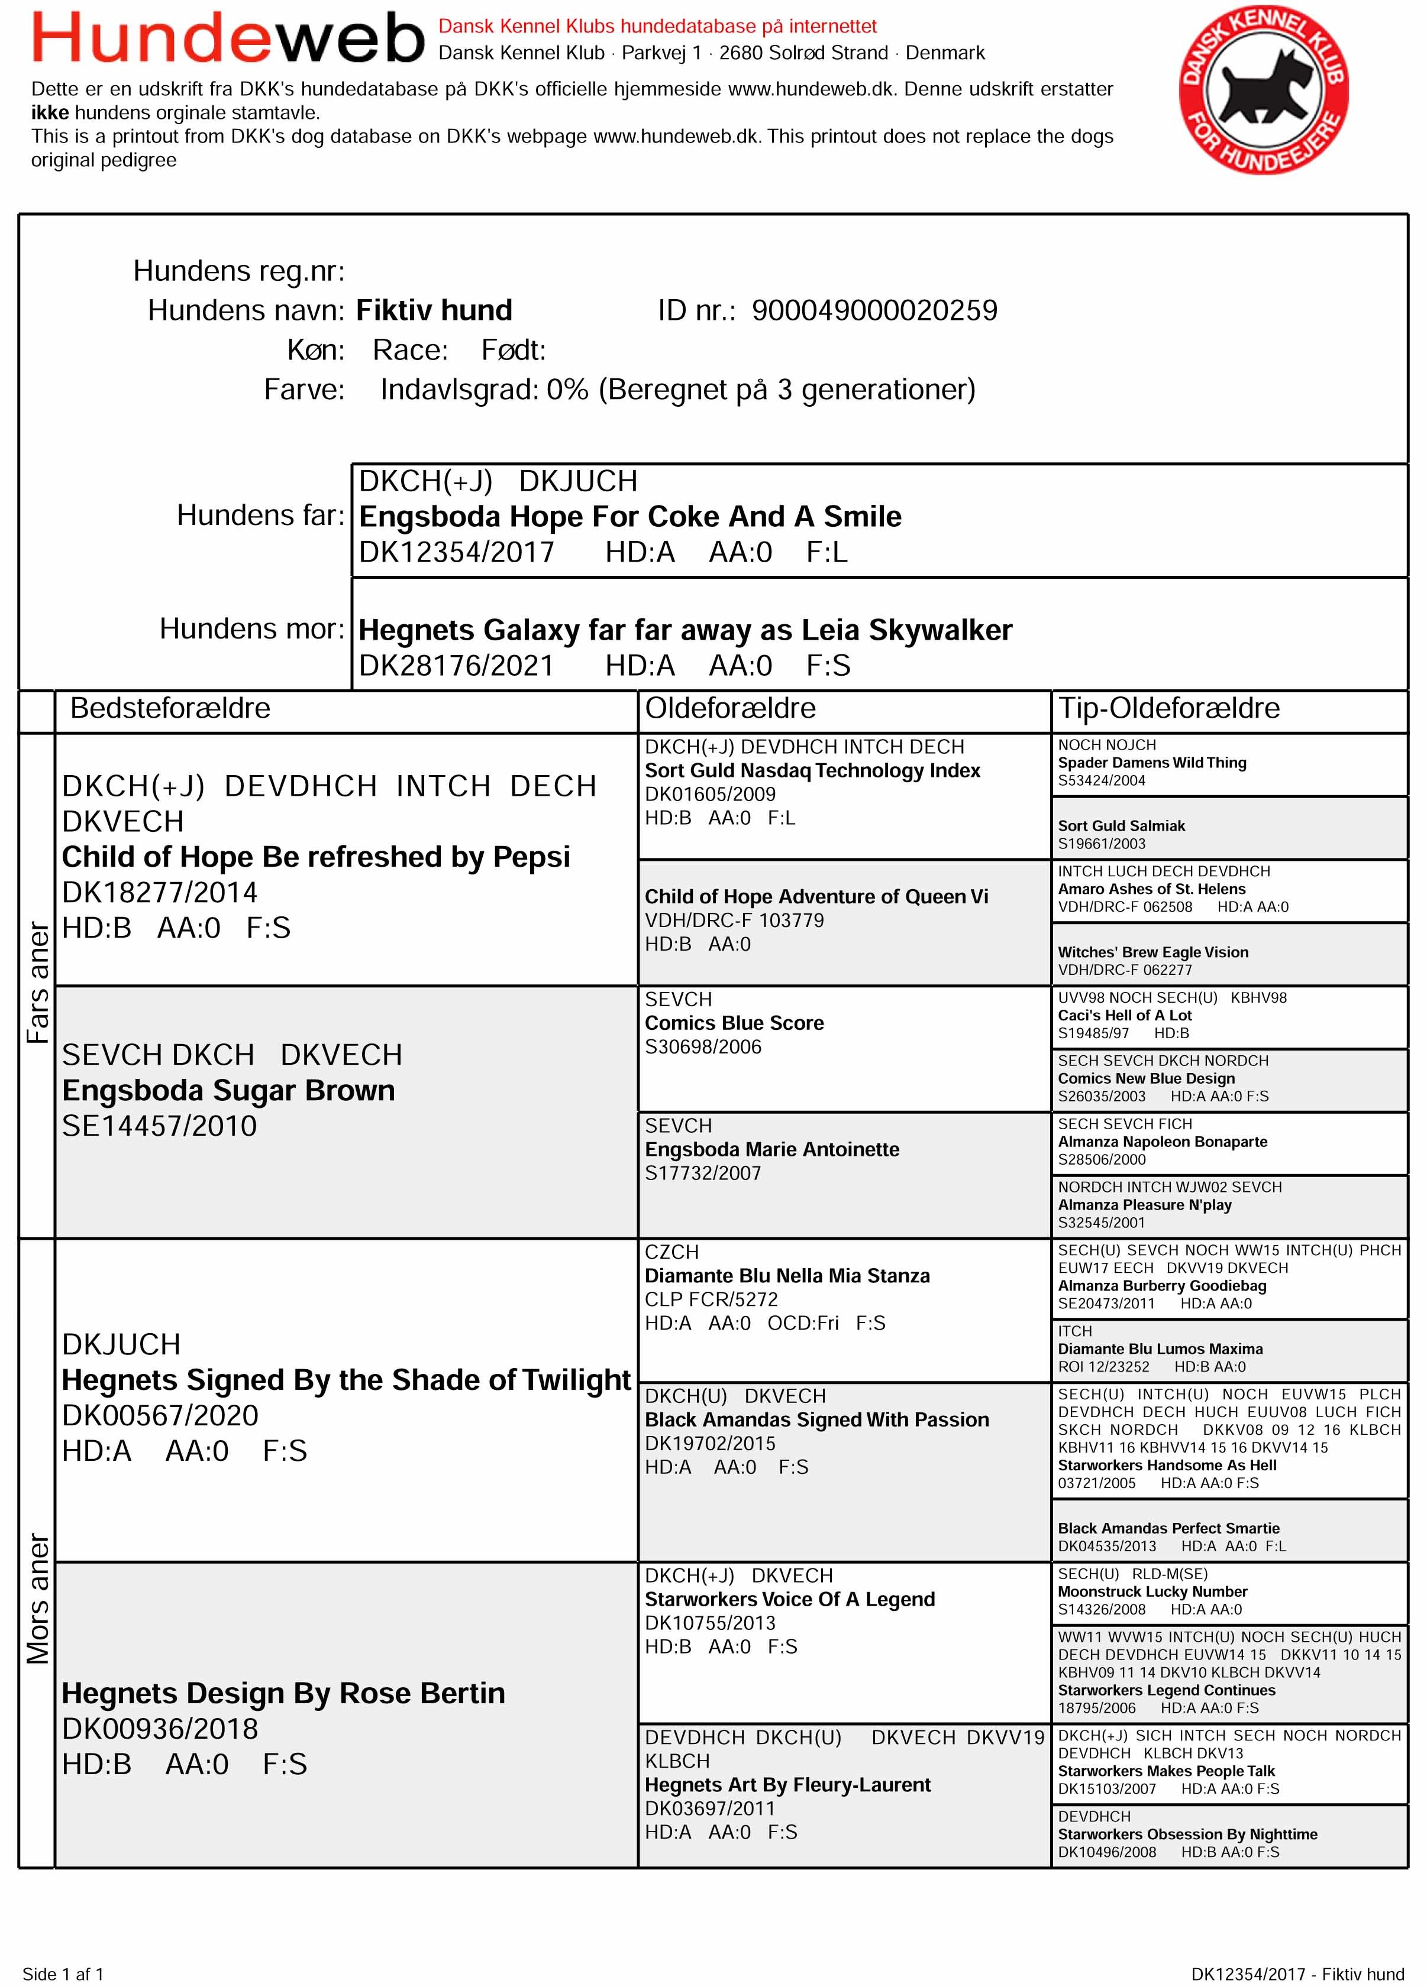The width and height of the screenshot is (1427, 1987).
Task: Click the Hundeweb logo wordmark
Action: click(x=228, y=38)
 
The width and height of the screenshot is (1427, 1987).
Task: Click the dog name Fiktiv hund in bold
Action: click(x=434, y=311)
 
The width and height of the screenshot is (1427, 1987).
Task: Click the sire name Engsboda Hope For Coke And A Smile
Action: click(x=629, y=517)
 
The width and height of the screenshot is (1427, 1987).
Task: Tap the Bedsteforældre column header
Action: click(x=170, y=708)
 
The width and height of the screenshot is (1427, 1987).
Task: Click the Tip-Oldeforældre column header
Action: click(x=1168, y=708)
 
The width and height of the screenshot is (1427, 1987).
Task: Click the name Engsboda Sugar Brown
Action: click(x=228, y=1091)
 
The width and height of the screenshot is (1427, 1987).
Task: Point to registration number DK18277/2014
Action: click(x=160, y=893)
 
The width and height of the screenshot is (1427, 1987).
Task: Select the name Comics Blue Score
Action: click(x=734, y=1023)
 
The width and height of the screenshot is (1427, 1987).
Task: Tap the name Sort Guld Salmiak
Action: click(x=1121, y=826)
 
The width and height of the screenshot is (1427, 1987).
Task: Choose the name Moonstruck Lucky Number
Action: click(x=1152, y=1592)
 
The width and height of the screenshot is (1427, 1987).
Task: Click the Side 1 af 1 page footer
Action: click(x=63, y=1974)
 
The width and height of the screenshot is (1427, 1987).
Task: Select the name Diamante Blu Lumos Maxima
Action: click(x=1160, y=1349)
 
